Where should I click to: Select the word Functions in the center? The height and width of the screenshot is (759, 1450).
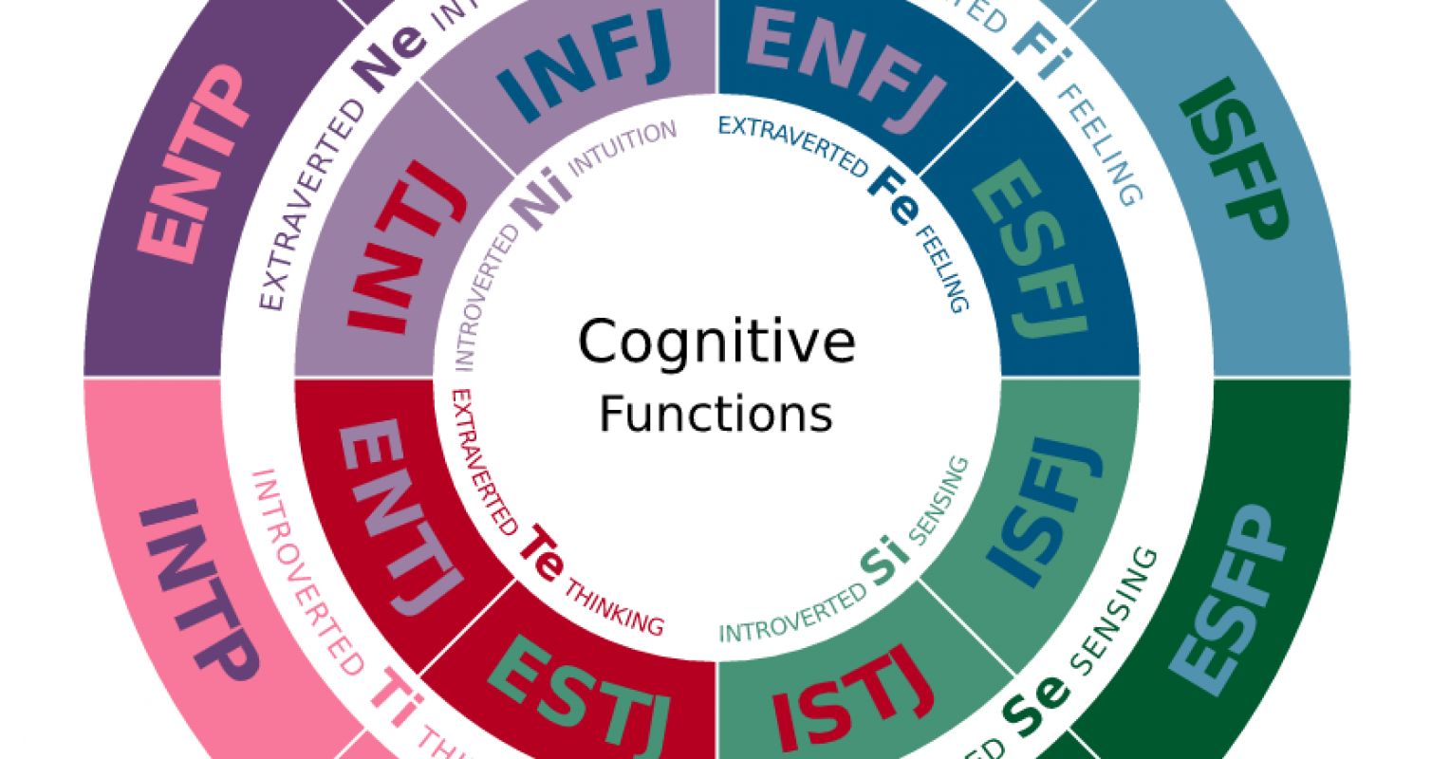pos(716,414)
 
